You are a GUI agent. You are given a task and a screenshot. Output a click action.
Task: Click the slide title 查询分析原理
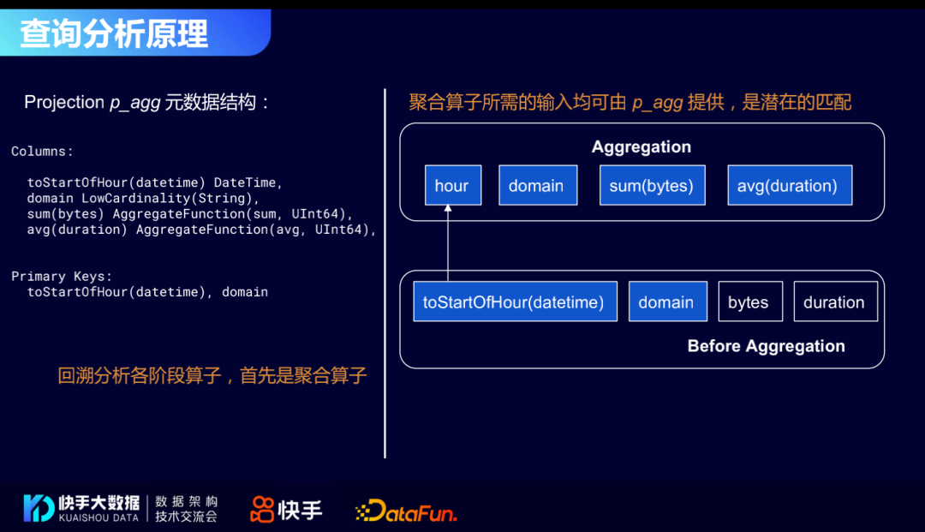click(x=115, y=33)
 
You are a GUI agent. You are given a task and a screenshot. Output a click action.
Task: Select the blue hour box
click(x=452, y=186)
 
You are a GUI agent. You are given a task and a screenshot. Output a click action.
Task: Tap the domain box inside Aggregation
click(x=537, y=186)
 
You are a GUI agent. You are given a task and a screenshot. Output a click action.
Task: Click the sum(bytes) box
click(x=651, y=186)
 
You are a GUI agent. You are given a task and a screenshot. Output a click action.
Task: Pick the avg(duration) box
click(x=789, y=186)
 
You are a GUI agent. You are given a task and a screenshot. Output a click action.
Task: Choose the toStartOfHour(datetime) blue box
click(x=515, y=302)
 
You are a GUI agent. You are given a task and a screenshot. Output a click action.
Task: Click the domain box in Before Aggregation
click(x=667, y=302)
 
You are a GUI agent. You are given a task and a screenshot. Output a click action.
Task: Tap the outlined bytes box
click(x=749, y=302)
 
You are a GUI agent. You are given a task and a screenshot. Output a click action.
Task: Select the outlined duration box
click(x=835, y=302)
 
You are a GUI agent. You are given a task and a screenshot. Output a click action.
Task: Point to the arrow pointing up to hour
click(x=447, y=244)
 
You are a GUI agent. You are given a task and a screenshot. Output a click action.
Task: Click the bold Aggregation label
click(x=642, y=147)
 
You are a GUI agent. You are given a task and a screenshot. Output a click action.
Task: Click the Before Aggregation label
click(x=766, y=346)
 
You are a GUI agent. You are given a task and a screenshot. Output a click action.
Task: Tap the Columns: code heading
click(x=43, y=152)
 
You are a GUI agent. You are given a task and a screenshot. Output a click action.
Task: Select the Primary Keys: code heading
click(x=62, y=277)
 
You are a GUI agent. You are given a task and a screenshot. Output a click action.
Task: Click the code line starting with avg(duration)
click(x=201, y=230)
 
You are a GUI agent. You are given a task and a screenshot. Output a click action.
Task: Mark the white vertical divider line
click(x=385, y=274)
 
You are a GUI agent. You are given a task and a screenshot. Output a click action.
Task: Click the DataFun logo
click(x=406, y=511)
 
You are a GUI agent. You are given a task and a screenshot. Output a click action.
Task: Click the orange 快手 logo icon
click(x=262, y=510)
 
